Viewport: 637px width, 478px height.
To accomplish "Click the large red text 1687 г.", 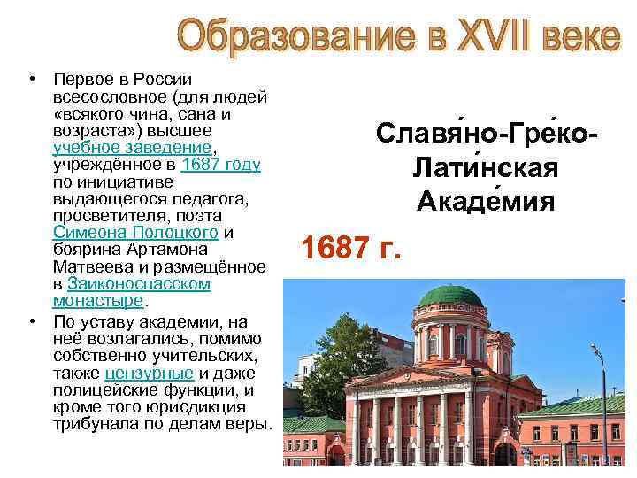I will (x=352, y=250).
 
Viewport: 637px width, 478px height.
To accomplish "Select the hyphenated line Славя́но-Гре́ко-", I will (x=484, y=134).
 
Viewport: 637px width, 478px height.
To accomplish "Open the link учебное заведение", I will (x=133, y=147).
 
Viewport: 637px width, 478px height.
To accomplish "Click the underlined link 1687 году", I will (x=220, y=165).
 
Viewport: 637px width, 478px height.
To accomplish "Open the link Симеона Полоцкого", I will (x=135, y=233).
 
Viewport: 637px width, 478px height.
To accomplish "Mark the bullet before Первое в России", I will (x=30, y=80).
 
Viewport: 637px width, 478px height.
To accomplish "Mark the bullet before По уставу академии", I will (x=30, y=320).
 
